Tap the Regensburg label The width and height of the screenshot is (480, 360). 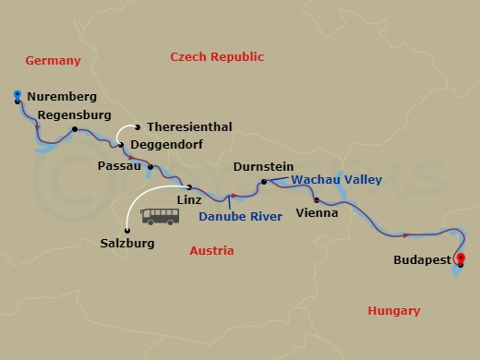point(74,115)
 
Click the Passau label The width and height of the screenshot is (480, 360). point(119,166)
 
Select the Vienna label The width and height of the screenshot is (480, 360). point(316,212)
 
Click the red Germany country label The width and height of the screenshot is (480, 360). point(54,61)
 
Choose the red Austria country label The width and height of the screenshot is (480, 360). point(211,250)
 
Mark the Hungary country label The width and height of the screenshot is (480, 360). point(393,311)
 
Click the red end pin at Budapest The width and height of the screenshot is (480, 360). point(461,259)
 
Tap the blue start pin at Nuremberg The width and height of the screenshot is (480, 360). point(18,94)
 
